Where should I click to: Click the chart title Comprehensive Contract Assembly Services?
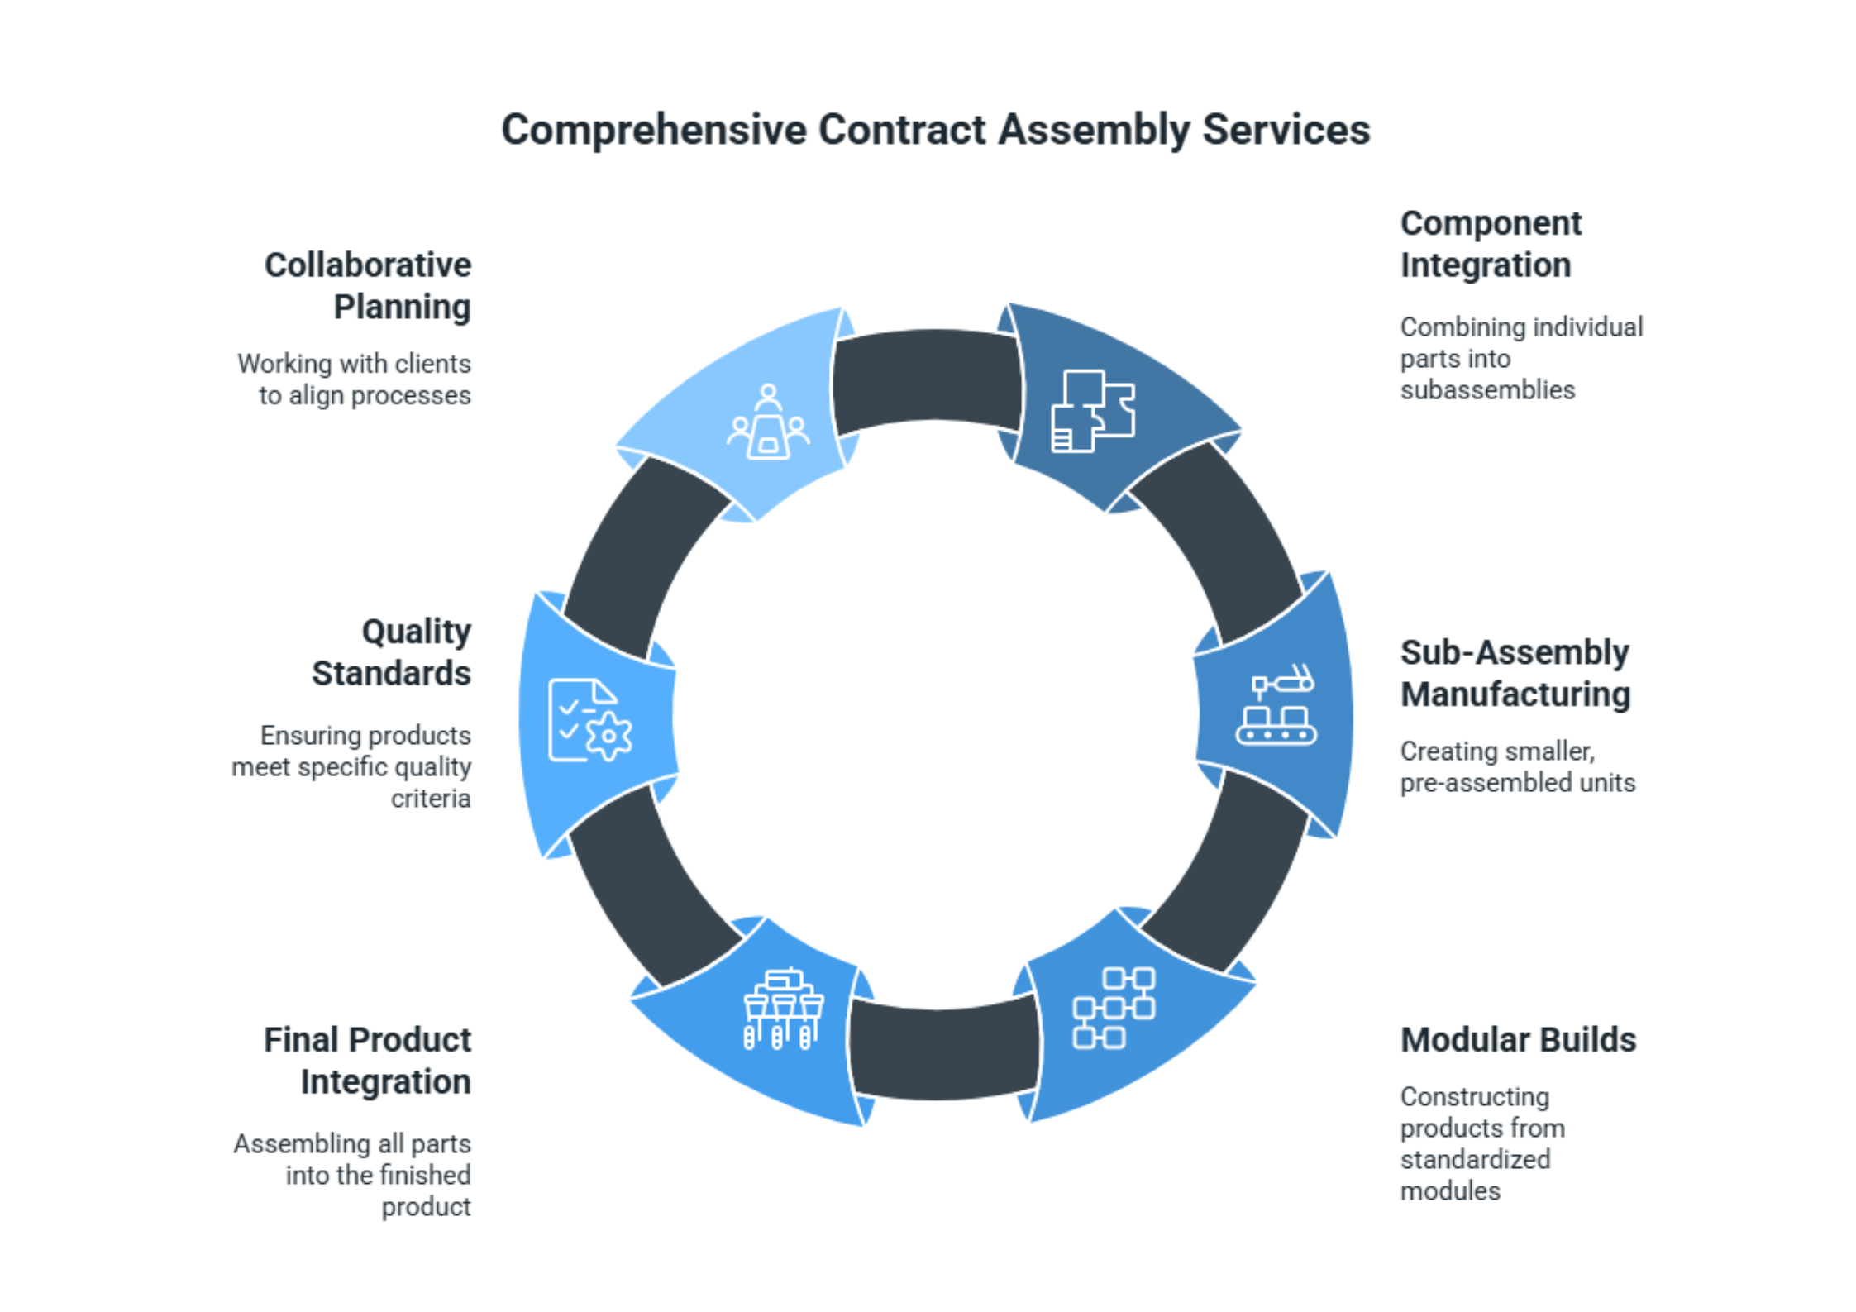click(x=935, y=130)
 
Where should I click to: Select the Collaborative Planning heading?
click(x=369, y=286)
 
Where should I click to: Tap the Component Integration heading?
click(x=1491, y=245)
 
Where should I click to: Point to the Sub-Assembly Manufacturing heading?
click(x=1515, y=674)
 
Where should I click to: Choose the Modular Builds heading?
click(x=1518, y=1040)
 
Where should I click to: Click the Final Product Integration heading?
click(x=368, y=1061)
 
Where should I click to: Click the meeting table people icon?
click(x=768, y=422)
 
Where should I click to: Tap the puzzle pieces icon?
click(x=1092, y=411)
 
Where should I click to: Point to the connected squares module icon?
click(x=1114, y=1008)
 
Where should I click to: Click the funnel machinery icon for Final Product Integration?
click(x=783, y=1009)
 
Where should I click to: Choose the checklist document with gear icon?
click(x=589, y=721)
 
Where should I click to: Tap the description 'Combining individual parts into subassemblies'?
click(x=1520, y=359)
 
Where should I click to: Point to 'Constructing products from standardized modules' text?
click(x=1481, y=1143)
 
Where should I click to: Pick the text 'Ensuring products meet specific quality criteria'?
click(x=353, y=767)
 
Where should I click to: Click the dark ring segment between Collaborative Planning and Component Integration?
click(x=926, y=378)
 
